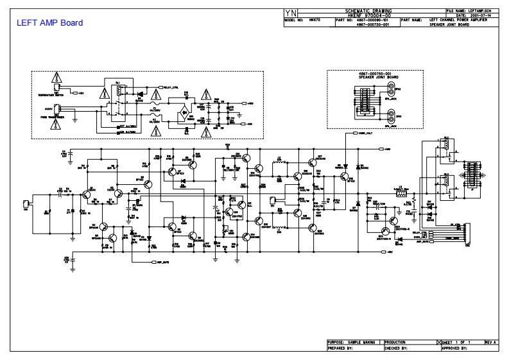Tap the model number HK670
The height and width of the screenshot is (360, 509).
pyautogui.click(x=315, y=20)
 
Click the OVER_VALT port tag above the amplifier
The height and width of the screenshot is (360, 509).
pyautogui.click(x=363, y=133)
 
